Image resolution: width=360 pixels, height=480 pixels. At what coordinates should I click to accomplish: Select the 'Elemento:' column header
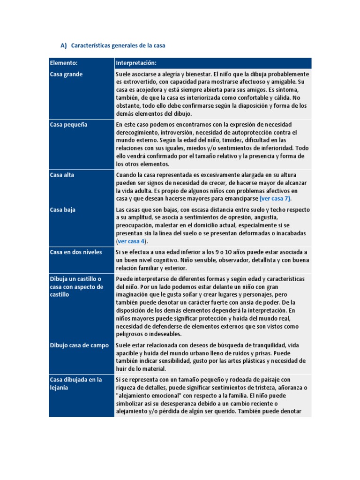tap(64, 63)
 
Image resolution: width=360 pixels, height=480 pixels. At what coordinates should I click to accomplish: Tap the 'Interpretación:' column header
tap(136, 63)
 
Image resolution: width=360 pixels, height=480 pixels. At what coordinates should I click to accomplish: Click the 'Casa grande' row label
tap(66, 74)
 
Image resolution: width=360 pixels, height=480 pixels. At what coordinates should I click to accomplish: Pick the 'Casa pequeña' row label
tap(69, 125)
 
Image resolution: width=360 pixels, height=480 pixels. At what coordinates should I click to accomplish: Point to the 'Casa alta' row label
tap(62, 175)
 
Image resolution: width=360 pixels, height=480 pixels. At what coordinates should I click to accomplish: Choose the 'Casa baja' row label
tap(63, 210)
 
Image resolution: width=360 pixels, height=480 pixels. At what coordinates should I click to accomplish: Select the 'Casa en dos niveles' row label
tap(76, 252)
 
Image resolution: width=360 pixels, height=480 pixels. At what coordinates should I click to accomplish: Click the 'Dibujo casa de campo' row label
tap(79, 345)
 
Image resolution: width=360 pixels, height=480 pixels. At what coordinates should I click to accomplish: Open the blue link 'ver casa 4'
tap(132, 241)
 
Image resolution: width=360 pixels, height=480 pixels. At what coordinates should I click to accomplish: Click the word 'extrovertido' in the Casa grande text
tap(137, 82)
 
